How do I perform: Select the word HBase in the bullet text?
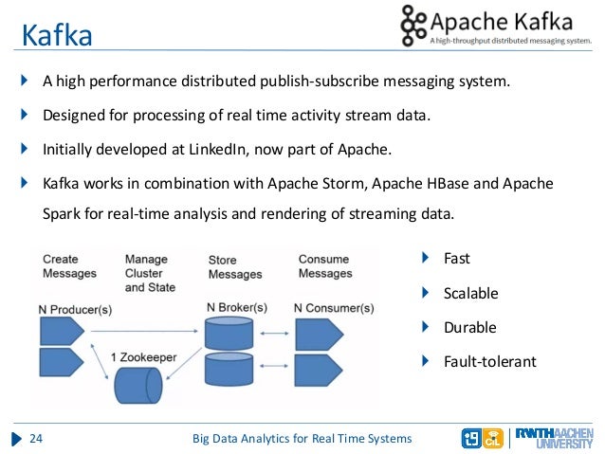click(474, 182)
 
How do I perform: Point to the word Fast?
click(456, 258)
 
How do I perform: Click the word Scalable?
click(470, 293)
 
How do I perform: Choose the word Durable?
click(469, 327)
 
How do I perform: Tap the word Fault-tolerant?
click(489, 361)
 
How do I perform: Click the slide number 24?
click(38, 438)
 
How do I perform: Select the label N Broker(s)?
click(236, 307)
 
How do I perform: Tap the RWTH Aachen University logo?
click(559, 437)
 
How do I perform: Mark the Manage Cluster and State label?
click(150, 273)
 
